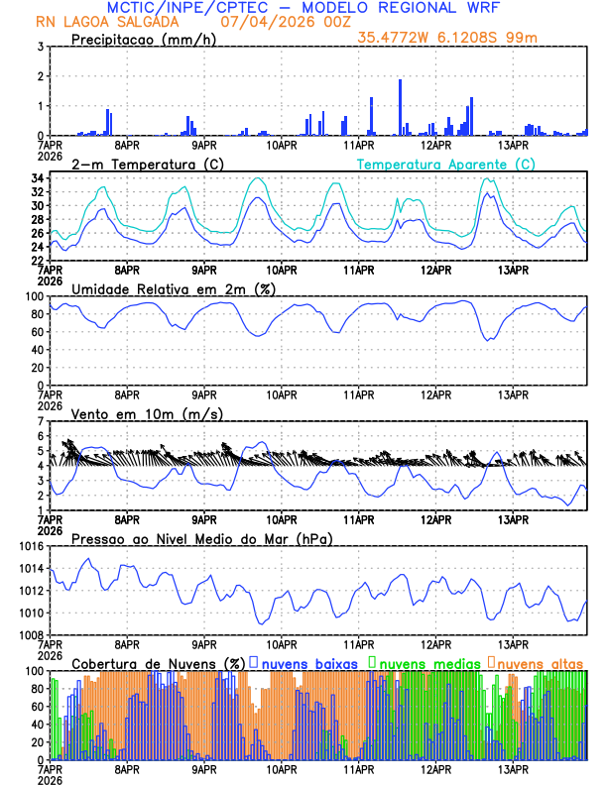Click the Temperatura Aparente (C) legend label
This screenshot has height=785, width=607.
coord(445,164)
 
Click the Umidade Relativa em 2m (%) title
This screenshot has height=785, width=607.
coord(174,288)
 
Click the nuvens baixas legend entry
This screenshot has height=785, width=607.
coord(309,662)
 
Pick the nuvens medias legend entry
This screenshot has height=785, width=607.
coord(425,662)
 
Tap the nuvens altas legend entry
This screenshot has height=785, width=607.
coord(541,662)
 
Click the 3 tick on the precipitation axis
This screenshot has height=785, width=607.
coord(41,47)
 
